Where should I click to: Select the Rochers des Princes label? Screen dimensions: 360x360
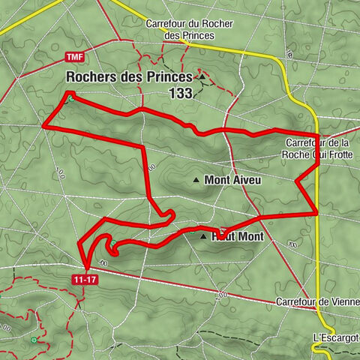[129, 76]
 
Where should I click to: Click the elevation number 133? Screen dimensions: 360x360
[181, 93]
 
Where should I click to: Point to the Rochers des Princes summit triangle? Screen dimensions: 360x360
[201, 76]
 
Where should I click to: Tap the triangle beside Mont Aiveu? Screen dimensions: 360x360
[196, 180]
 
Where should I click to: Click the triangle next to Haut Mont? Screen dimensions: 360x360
[202, 236]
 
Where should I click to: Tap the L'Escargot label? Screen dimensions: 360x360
[334, 337]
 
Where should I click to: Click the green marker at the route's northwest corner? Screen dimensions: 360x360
[69, 97]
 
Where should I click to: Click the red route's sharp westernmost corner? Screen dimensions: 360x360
[43, 126]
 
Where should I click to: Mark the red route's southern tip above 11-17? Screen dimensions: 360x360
[87, 268]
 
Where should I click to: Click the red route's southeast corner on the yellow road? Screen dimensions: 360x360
[317, 212]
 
